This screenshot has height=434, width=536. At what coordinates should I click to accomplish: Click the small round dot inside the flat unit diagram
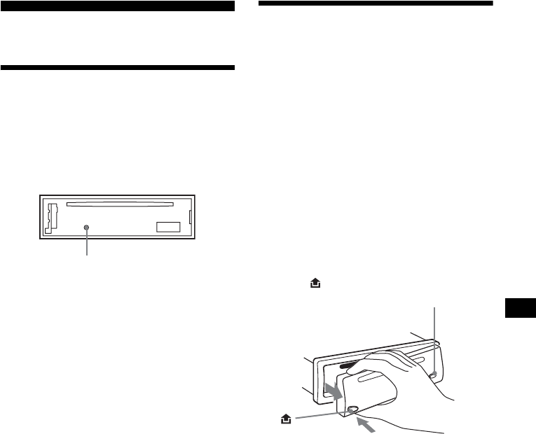86,227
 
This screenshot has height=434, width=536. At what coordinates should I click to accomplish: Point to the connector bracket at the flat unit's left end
51,216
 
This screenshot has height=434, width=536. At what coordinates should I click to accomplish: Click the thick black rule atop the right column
376,3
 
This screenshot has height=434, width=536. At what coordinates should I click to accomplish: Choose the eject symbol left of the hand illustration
284,417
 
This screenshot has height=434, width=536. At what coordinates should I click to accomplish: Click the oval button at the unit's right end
434,374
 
